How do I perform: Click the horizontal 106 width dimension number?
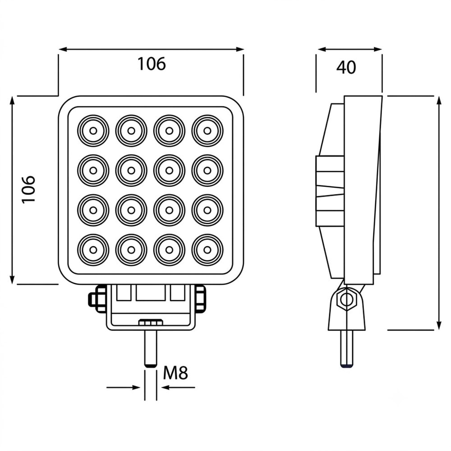pos(152,64)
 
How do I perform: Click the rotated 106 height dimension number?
pos(28,189)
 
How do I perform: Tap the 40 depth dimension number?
pos(346,67)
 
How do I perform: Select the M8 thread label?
pos(175,373)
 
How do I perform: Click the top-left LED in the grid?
pos(93,131)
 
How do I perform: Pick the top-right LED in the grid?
pos(207,131)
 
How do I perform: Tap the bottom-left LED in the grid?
pos(93,250)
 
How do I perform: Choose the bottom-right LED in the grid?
pos(207,250)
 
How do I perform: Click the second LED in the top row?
pos(131,131)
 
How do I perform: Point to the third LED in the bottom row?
pos(169,250)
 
